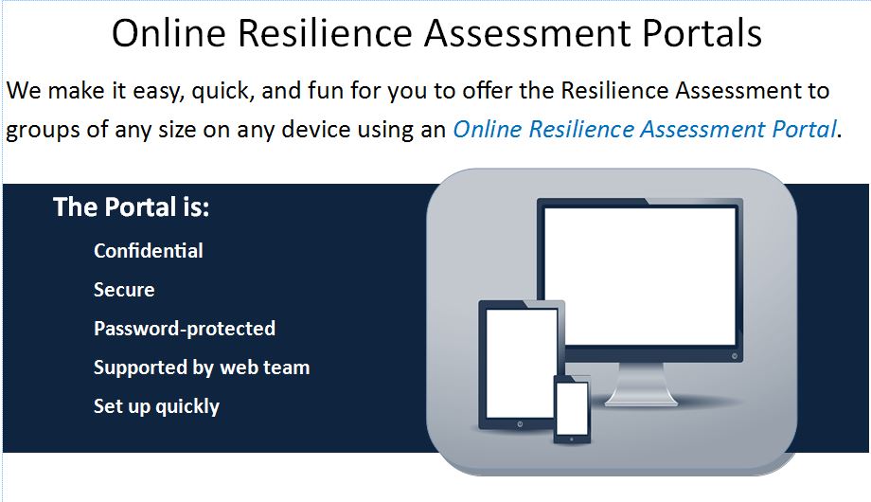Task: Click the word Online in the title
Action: [x=169, y=33]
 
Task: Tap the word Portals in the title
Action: [x=702, y=33]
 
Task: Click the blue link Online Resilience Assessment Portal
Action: [x=645, y=130]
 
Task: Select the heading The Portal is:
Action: [x=131, y=207]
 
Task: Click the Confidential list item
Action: [x=149, y=251]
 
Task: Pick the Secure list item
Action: [x=124, y=290]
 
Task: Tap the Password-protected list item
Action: [x=185, y=329]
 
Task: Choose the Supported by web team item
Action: [x=202, y=368]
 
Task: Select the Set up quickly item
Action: [x=156, y=406]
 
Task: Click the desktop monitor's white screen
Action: [x=640, y=277]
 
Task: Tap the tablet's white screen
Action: [x=521, y=363]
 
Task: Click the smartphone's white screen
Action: [x=572, y=408]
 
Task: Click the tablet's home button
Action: [x=520, y=424]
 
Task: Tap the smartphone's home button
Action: [x=572, y=439]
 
